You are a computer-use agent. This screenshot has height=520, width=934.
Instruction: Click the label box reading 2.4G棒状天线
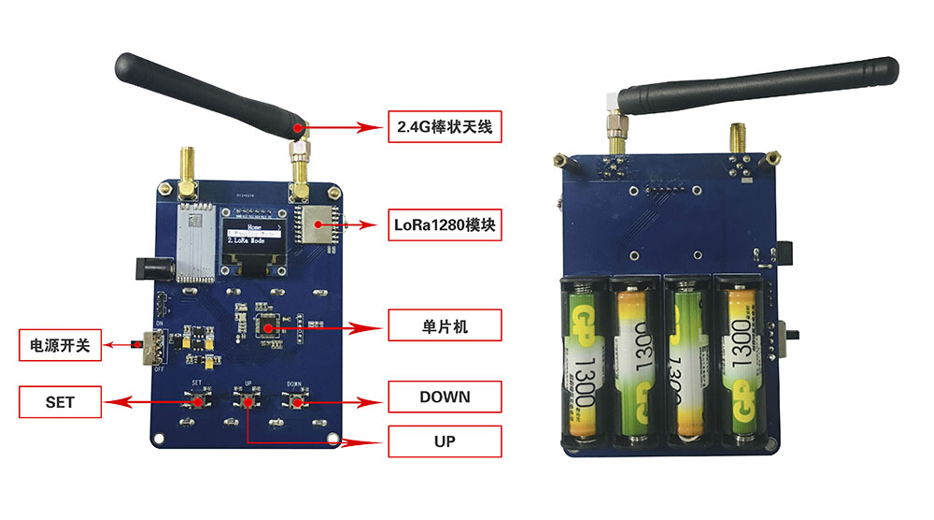(445, 126)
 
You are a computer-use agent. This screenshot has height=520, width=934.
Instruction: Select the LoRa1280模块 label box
(445, 225)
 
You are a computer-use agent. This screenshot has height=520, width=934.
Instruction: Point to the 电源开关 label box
(56, 345)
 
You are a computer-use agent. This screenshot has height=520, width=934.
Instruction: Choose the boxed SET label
(60, 402)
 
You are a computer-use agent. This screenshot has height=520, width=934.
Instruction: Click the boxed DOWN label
(445, 397)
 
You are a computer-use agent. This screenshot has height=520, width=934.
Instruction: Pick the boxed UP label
(445, 441)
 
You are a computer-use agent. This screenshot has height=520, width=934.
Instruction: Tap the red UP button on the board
(248, 402)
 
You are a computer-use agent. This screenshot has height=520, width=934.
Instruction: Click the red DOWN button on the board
(296, 402)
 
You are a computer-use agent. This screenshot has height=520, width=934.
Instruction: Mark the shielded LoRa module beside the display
(314, 225)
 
